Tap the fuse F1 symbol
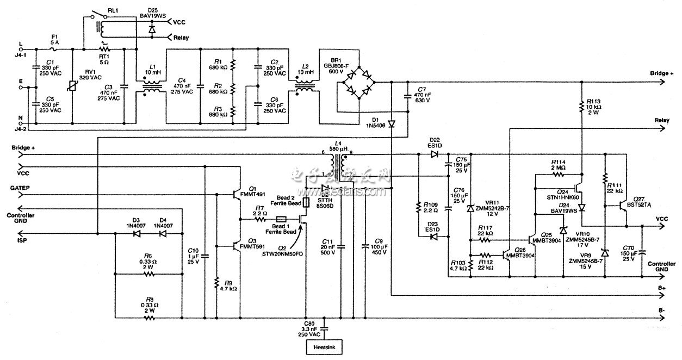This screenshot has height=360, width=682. tap(54, 48)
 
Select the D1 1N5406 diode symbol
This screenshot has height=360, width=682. tap(391, 123)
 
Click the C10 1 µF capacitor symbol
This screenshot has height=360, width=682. tap(205, 256)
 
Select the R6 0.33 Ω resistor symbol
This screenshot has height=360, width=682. tap(147, 275)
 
